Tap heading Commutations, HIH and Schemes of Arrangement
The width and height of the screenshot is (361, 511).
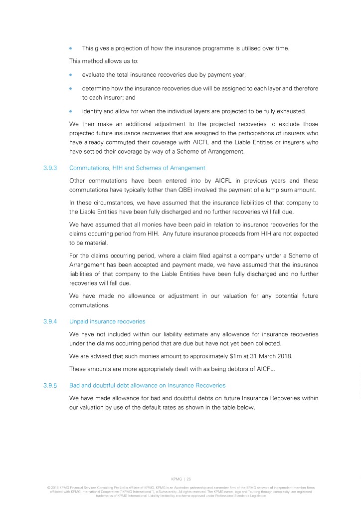[x=137, y=168]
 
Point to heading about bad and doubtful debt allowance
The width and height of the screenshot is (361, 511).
[x=148, y=386]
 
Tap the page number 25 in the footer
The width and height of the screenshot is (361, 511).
[x=188, y=479]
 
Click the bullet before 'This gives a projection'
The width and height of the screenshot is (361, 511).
[x=71, y=48]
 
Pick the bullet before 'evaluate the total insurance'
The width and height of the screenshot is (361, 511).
[x=71, y=75]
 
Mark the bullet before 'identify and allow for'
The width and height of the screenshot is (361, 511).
[x=71, y=110]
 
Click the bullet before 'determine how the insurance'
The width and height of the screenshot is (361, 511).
[x=71, y=88]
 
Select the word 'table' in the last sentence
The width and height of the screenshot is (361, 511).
[x=226, y=407]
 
